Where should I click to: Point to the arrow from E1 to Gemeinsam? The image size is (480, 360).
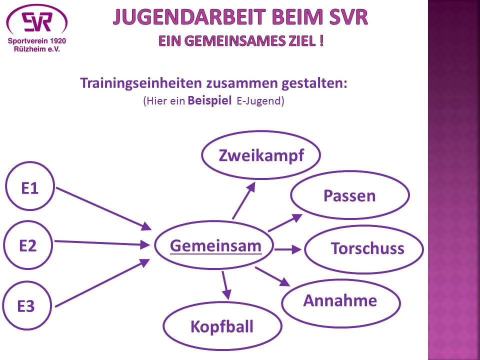(x=104, y=209)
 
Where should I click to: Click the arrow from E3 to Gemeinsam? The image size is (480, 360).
(x=102, y=283)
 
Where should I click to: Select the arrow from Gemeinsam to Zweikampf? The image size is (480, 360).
(x=244, y=201)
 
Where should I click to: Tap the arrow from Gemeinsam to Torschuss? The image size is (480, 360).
(x=288, y=249)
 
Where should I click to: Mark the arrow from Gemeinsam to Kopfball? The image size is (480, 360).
(x=226, y=285)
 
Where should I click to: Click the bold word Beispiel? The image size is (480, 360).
(x=209, y=100)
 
